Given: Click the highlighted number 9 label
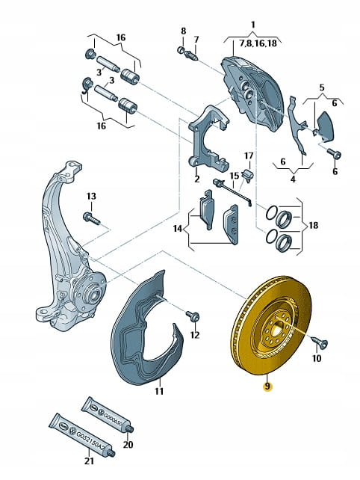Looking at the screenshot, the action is pos(267,387).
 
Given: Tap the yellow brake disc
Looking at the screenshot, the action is pos(270,325).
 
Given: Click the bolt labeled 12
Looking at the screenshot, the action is pos(193,316).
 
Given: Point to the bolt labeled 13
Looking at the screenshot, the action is pos(91,218).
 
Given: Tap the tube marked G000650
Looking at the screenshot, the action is pos(108,414).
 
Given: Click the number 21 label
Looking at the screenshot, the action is pos(89,469).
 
